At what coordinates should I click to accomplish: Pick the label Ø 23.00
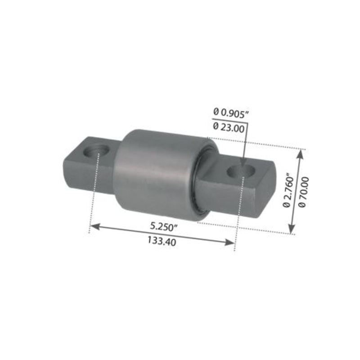pos(229,127)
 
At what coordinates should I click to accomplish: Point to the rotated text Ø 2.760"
pos(288,191)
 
